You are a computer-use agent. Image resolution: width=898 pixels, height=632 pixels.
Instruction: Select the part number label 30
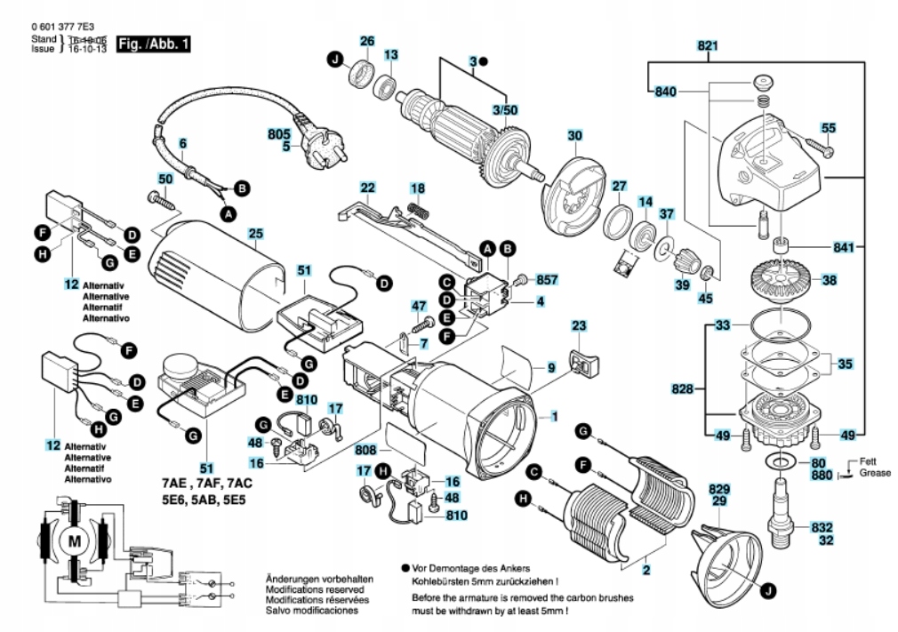[x=574, y=136]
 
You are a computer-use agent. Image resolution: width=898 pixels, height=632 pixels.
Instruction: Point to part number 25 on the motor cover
[x=256, y=234]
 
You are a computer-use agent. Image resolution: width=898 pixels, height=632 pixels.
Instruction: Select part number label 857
[x=549, y=279]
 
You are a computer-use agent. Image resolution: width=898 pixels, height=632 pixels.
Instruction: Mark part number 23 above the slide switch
[x=579, y=326]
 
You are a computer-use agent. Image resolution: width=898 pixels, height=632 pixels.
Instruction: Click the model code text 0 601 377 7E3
[x=66, y=28]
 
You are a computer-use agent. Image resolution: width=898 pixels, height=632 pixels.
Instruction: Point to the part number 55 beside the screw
[x=828, y=128]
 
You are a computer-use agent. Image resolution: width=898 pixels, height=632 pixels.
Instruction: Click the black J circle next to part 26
[x=334, y=60]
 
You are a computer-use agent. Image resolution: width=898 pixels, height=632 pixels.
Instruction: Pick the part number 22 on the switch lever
[x=367, y=188]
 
